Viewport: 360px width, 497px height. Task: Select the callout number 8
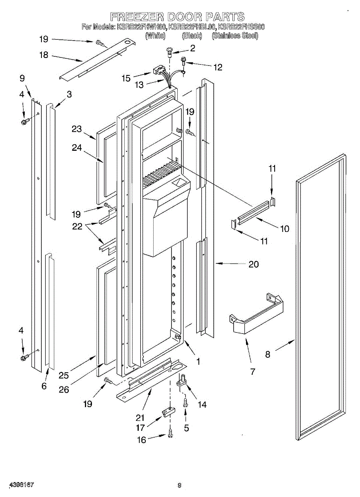click(268, 354)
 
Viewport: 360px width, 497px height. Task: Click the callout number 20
click(254, 264)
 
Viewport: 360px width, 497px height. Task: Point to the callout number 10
click(285, 228)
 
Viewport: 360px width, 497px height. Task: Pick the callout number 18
click(44, 55)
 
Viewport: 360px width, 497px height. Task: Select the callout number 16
click(142, 440)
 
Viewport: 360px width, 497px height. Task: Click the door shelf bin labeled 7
click(257, 317)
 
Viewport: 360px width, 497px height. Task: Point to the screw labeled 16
click(170, 433)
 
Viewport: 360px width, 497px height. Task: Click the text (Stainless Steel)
click(235, 36)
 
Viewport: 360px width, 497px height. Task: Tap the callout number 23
click(77, 129)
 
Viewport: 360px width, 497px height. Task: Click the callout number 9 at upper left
click(22, 78)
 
